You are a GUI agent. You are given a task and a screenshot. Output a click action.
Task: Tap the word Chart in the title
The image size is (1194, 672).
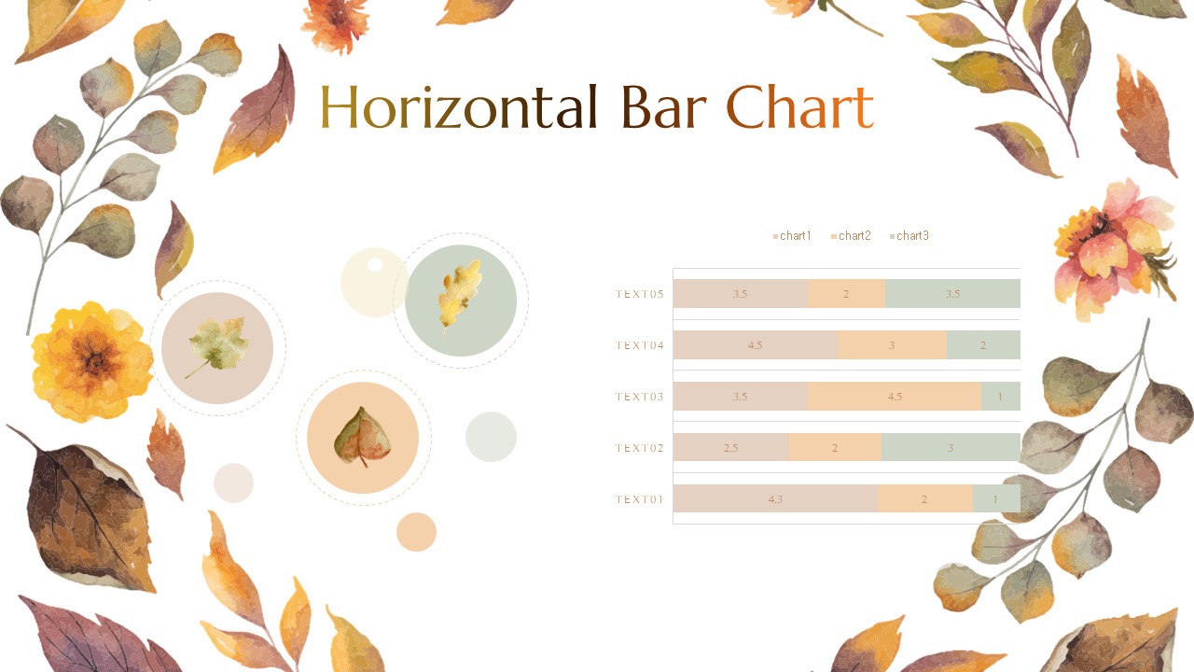pos(799,107)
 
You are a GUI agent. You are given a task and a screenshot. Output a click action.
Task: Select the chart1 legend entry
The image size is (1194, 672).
pos(793,236)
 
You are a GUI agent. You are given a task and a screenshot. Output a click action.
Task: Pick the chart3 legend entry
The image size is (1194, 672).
pos(909,236)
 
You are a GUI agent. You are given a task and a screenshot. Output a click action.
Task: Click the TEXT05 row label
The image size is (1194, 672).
pos(640,294)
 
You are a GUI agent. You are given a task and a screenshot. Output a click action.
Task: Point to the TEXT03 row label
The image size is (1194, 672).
pos(640,397)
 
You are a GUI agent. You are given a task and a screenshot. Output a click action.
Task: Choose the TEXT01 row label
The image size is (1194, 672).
pos(640,499)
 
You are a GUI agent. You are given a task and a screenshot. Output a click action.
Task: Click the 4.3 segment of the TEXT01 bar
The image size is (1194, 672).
pos(775,499)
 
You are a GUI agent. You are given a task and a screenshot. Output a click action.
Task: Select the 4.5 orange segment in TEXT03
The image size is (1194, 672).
pos(895,397)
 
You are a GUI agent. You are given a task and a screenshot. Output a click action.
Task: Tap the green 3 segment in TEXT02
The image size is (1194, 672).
pos(951,448)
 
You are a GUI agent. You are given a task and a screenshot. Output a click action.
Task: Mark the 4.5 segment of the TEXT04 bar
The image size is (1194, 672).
pos(756,345)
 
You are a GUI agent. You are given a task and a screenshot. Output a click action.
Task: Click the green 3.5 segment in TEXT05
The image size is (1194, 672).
pos(952,294)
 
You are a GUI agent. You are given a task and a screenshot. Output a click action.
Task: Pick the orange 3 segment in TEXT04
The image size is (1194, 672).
pos(892,345)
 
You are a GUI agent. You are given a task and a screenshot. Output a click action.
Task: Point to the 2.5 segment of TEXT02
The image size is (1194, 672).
pos(730,448)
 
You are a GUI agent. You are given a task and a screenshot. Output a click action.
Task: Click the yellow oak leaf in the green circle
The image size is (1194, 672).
pos(461,293)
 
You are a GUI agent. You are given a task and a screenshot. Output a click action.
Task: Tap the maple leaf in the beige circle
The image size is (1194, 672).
pos(218,347)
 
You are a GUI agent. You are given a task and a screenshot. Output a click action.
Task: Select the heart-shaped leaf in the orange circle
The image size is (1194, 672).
pos(363,437)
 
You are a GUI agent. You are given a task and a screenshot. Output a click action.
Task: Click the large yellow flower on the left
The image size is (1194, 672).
pos(91,360)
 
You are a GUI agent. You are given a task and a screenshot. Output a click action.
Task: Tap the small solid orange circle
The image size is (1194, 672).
pos(416,532)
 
